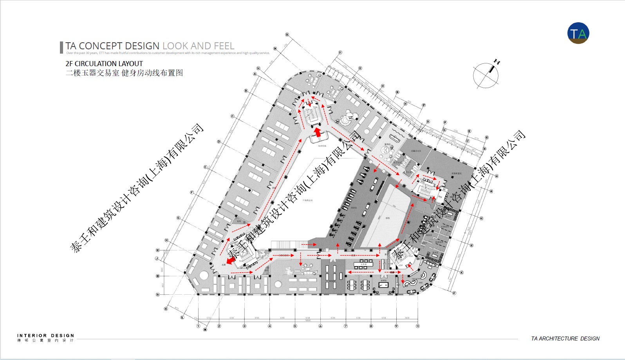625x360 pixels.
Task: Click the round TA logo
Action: (x=578, y=33)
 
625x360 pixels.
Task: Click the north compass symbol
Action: (x=486, y=75)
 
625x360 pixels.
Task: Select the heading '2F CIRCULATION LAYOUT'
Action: (x=104, y=63)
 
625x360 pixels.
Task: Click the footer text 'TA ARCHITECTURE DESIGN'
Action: (x=565, y=338)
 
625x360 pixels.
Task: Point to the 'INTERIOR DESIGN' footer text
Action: (x=45, y=336)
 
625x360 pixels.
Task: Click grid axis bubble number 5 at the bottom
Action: (x=295, y=326)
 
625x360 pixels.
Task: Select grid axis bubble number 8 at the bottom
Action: (x=371, y=326)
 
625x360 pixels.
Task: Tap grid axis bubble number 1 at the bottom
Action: (x=198, y=326)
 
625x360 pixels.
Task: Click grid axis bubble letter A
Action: (x=255, y=74)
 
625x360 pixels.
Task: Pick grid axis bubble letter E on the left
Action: (x=205, y=167)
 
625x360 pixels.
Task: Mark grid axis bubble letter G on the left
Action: (x=178, y=218)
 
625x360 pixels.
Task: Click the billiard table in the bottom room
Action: (x=383, y=285)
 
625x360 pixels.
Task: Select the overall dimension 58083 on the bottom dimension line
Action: (x=308, y=320)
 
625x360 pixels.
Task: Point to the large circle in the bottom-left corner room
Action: (x=204, y=275)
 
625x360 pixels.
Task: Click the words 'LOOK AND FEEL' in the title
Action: (x=198, y=46)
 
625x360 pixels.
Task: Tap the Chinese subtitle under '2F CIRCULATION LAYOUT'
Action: (x=124, y=73)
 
